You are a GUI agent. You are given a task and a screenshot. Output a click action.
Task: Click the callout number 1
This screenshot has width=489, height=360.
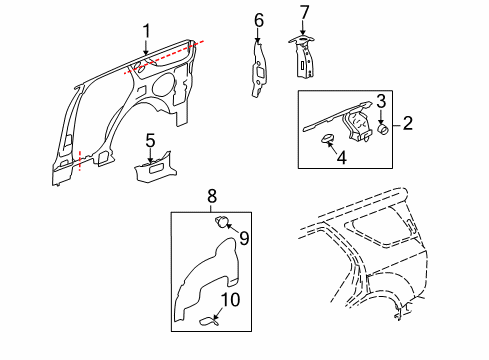click(x=146, y=31)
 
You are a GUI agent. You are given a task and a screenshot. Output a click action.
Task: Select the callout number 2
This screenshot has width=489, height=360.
click(x=407, y=124)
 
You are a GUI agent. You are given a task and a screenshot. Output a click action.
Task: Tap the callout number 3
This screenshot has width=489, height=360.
click(x=381, y=100)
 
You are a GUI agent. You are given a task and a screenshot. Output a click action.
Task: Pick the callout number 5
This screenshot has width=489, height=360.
click(x=150, y=139)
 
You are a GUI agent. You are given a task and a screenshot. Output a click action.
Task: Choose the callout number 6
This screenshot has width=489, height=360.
click(x=258, y=20)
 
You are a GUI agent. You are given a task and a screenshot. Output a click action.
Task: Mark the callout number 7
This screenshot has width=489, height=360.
click(x=306, y=12)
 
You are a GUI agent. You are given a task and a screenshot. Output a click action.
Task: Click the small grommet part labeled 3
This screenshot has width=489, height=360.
click(x=382, y=128)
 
